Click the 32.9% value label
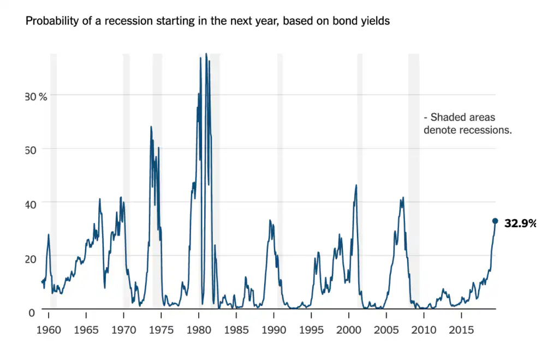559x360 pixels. [x=520, y=223]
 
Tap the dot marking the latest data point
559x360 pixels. [x=495, y=221]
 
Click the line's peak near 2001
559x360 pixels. [x=356, y=185]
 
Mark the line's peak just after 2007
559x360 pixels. [x=403, y=198]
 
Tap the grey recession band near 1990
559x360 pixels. [x=280, y=180]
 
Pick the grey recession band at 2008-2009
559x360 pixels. [x=414, y=180]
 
